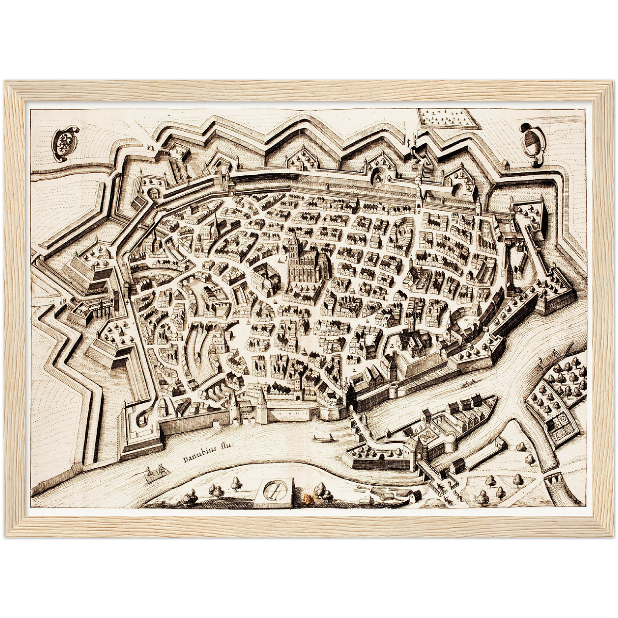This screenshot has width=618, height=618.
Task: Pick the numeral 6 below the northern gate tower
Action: (x=419, y=211)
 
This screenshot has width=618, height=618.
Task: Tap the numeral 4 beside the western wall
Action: (x=128, y=302)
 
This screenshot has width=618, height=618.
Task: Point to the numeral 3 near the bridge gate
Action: (x=346, y=378)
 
